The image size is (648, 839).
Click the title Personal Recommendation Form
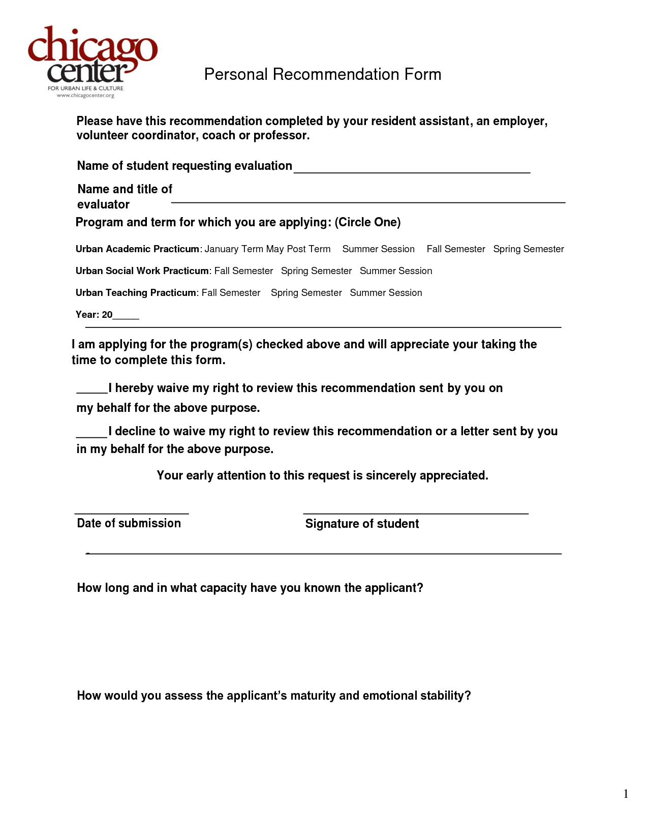pyautogui.click(x=322, y=74)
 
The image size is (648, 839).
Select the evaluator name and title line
pyautogui.click(x=368, y=199)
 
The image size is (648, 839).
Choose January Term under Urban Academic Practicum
pyautogui.click(x=234, y=249)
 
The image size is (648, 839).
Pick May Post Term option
pyautogui.click(x=298, y=249)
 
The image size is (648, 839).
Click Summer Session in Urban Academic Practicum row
pyautogui.click(x=378, y=249)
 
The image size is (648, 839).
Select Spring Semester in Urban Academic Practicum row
pyautogui.click(x=529, y=249)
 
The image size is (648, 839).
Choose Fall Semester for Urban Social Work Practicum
pyautogui.click(x=243, y=271)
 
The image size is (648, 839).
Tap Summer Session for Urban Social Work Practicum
pyautogui.click(x=396, y=271)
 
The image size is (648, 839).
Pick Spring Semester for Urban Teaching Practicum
pyautogui.click(x=306, y=293)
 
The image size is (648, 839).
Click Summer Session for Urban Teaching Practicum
pyautogui.click(x=386, y=293)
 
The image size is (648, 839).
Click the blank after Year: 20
pyautogui.click(x=126, y=316)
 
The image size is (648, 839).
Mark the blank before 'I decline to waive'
pyautogui.click(x=92, y=433)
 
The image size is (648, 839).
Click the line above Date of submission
pyautogui.click(x=132, y=511)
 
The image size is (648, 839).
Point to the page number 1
pyautogui.click(x=626, y=794)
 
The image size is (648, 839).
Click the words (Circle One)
pyautogui.click(x=367, y=222)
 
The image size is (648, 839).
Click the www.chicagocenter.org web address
pyautogui.click(x=85, y=95)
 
